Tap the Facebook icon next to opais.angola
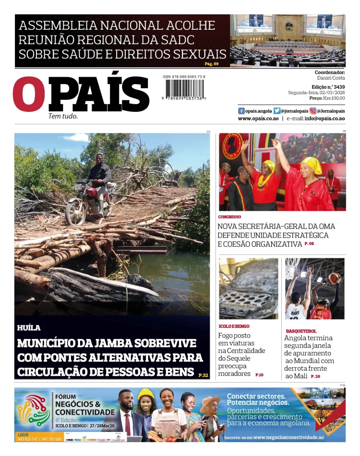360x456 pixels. click(x=241, y=110)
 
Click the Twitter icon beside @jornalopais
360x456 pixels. click(x=277, y=110)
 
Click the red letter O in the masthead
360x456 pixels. click(x=29, y=94)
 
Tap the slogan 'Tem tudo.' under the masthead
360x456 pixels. click(x=63, y=116)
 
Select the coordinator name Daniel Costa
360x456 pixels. click(x=331, y=78)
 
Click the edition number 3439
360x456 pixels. click(x=338, y=87)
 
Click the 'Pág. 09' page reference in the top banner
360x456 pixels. click(x=211, y=63)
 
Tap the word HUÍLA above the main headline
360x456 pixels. click(x=29, y=328)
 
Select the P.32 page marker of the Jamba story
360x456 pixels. click(x=203, y=375)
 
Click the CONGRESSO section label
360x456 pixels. click(x=229, y=217)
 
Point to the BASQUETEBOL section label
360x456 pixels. click(x=301, y=331)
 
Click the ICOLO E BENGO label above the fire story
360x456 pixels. click(x=234, y=326)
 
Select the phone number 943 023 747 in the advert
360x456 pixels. click(x=27, y=439)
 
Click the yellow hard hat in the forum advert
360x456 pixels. click(x=145, y=394)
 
